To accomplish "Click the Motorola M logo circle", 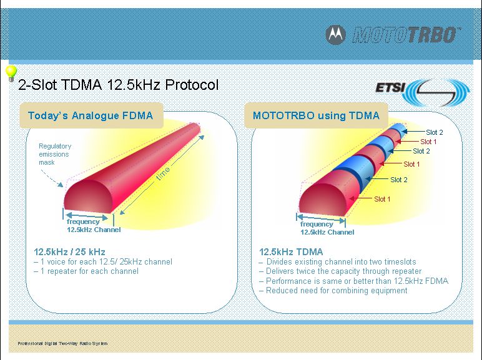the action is tap(336, 35).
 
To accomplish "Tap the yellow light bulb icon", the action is tap(11, 73).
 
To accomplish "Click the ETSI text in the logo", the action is tap(390, 87).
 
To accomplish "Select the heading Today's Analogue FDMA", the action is tap(91, 115).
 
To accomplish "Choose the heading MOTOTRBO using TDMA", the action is tap(316, 115).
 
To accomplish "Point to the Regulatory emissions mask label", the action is tap(55, 154).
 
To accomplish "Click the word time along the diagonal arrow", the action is tap(163, 173).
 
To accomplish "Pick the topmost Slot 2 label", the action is tap(435, 132).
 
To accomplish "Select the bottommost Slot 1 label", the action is tap(382, 199).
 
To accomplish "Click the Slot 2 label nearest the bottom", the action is tap(399, 180).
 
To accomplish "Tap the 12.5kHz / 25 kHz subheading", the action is tap(69, 252).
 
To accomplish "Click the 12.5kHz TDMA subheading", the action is tap(291, 252).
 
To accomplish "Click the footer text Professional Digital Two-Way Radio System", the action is tap(62, 343).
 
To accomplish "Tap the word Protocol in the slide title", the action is tap(192, 84).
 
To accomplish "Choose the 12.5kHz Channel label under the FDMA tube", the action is tap(94, 230).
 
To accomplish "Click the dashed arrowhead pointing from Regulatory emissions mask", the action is tap(61, 185).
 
